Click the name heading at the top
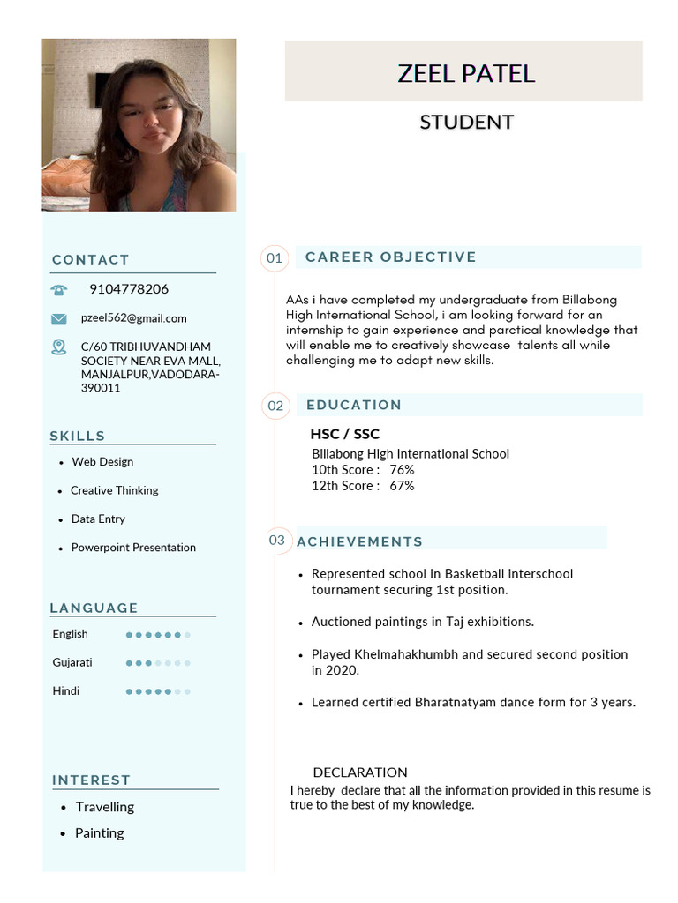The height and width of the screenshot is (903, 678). [466, 73]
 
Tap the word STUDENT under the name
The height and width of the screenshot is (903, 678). [466, 122]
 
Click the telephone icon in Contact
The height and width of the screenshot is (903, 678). [59, 289]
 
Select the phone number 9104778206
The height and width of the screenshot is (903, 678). [129, 289]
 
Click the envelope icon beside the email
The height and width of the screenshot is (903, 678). [59, 318]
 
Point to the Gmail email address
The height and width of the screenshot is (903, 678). [133, 318]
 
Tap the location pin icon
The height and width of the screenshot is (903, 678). [59, 347]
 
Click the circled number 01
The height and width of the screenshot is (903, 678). [275, 257]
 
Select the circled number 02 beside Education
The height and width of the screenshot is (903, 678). [275, 406]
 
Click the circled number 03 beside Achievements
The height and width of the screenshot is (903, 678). [277, 540]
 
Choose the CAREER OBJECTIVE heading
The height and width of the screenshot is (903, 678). [390, 257]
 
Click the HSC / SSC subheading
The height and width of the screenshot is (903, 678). [344, 434]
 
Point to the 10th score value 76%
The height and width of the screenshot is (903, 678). [402, 470]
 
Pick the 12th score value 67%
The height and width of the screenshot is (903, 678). [402, 486]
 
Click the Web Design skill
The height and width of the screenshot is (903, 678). [102, 462]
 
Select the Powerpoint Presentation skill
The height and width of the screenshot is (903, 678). [133, 548]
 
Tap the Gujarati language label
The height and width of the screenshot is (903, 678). [72, 662]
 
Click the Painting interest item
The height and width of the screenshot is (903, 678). [99, 833]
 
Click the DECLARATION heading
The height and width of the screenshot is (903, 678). [360, 772]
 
